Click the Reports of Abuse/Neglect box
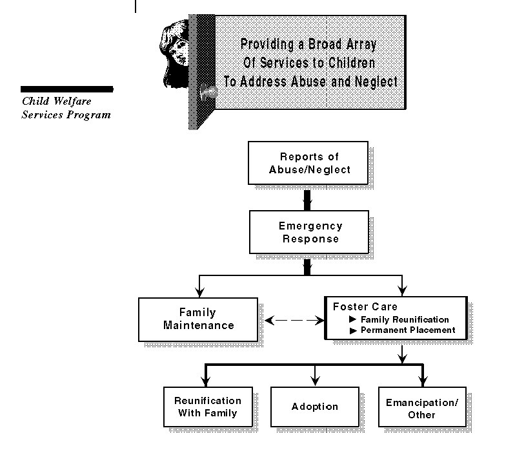[x=308, y=164]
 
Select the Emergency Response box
[x=308, y=233]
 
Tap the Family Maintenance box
[x=198, y=319]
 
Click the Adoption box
[x=314, y=407]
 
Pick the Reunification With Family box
[x=207, y=407]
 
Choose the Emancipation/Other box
[x=421, y=407]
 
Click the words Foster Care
[x=365, y=306]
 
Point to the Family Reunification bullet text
[x=404, y=319]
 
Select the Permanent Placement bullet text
[x=407, y=330]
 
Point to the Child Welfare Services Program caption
[x=66, y=108]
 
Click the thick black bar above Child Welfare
[x=66, y=89]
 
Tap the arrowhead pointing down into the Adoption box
[x=314, y=381]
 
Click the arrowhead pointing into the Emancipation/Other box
[x=423, y=381]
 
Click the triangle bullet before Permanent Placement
[x=352, y=330]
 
